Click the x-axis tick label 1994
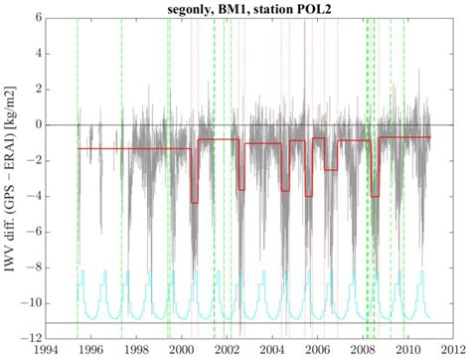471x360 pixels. click(x=46, y=351)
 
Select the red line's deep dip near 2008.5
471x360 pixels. click(x=375, y=196)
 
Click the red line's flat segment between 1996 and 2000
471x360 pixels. click(x=134, y=148)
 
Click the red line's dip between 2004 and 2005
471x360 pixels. click(x=285, y=190)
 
